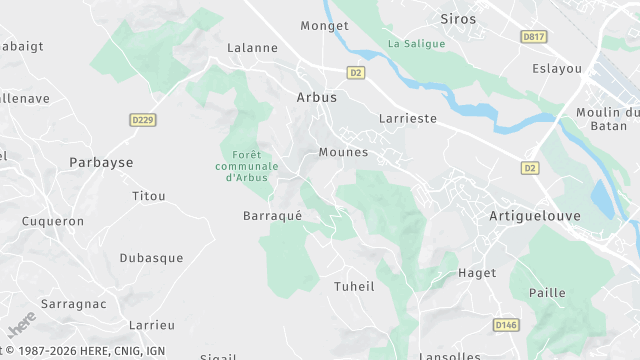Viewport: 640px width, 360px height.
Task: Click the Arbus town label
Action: [317, 98]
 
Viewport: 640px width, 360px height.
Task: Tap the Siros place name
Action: [458, 19]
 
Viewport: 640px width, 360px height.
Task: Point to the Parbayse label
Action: [101, 162]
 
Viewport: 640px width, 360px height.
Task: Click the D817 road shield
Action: [535, 37]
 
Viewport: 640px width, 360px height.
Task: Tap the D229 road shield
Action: [143, 120]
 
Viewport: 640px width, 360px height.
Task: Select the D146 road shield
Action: [507, 325]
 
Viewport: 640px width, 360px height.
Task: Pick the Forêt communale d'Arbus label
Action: [245, 166]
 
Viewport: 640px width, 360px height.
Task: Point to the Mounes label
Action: [343, 153]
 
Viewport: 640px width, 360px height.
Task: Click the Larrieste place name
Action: [408, 118]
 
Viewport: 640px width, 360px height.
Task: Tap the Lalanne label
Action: [251, 47]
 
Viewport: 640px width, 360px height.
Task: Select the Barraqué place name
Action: [272, 216]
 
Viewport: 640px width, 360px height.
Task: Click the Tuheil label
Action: [353, 286]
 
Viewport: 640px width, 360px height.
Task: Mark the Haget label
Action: [476, 273]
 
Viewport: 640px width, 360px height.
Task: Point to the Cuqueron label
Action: [53, 221]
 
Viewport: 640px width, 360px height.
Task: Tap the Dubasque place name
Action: [151, 258]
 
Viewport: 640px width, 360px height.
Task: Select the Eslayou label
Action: [557, 69]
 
